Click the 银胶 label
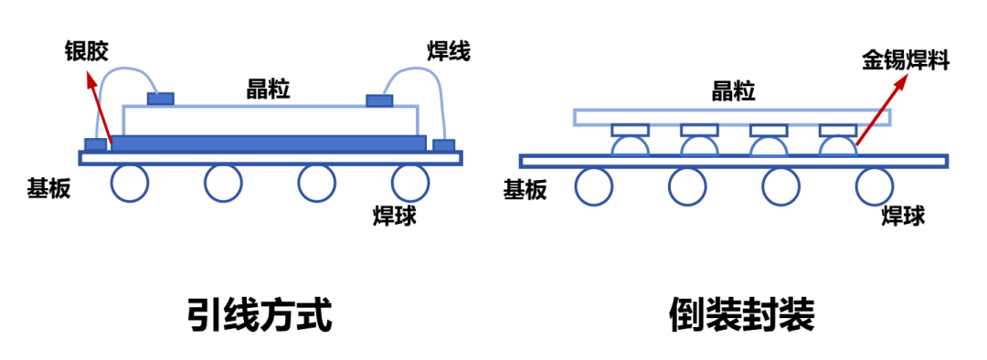click(x=87, y=51)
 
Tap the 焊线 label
click(x=448, y=51)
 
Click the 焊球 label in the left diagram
click(x=396, y=216)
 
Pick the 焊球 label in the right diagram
click(x=903, y=216)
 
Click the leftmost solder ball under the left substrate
click(x=130, y=183)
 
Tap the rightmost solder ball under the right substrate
click(x=875, y=185)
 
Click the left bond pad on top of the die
click(x=161, y=99)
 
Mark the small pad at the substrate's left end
click(x=95, y=144)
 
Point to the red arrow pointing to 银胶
click(x=100, y=110)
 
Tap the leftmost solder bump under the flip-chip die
click(x=631, y=144)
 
